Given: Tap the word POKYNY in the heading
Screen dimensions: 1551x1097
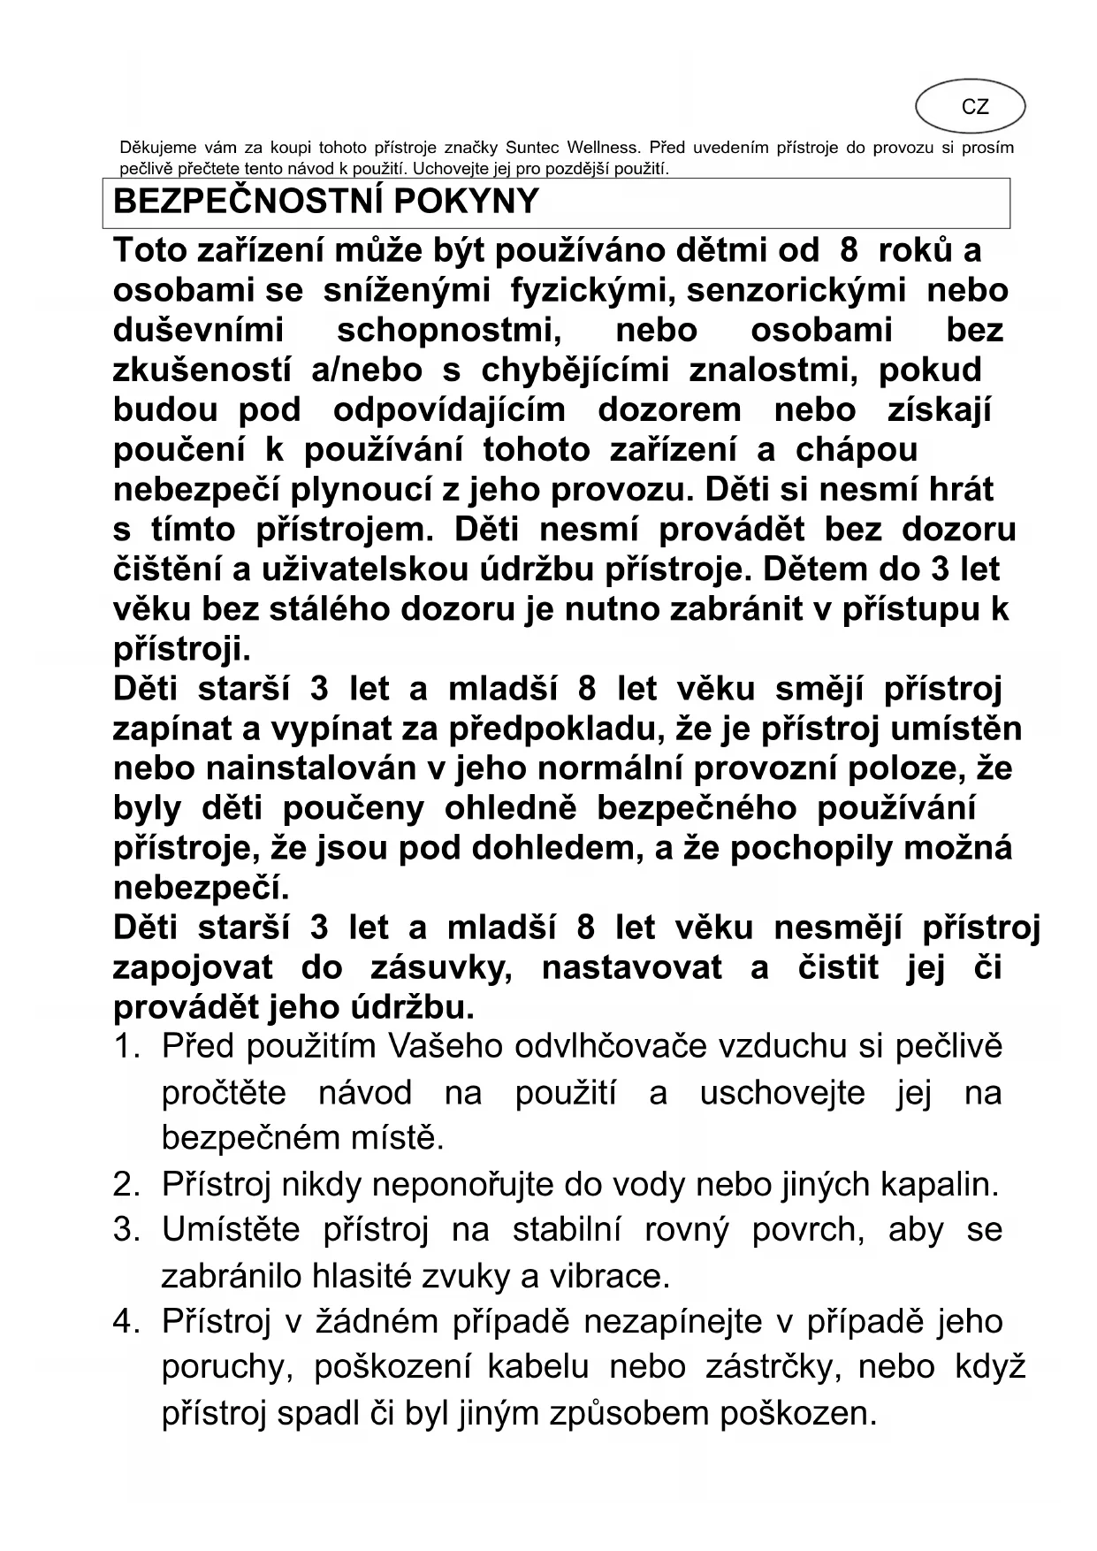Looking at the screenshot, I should tap(467, 202).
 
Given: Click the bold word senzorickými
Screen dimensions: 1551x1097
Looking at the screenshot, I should tap(796, 291).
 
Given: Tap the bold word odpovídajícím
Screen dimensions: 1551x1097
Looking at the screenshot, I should tap(449, 410).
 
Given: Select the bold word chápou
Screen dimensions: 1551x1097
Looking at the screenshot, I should tap(857, 450).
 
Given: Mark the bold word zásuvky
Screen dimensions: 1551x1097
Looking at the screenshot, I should tap(441, 967).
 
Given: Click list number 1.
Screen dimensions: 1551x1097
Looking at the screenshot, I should tap(126, 1047).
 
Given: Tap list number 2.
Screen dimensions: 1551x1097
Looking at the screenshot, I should tap(126, 1184).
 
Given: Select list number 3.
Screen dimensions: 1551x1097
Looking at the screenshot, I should tap(126, 1230).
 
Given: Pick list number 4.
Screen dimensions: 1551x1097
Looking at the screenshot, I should tap(126, 1322).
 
